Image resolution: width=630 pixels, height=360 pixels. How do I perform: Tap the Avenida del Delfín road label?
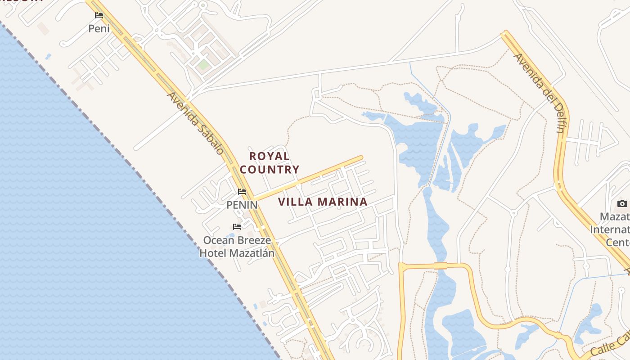point(540,93)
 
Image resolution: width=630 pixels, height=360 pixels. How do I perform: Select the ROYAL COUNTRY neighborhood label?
point(270,162)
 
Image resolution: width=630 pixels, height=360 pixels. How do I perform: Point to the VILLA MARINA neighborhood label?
point(323,202)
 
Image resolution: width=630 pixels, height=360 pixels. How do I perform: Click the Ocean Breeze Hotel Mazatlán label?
point(237,247)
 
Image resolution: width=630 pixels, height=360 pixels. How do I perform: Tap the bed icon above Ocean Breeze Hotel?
point(237,226)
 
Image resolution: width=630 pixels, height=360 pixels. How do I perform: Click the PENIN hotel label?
point(242,205)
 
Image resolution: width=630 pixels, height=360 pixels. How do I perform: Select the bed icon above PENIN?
point(242,192)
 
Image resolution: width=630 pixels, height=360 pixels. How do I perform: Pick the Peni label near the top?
point(99,28)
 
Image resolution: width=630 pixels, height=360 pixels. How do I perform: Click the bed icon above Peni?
point(99,15)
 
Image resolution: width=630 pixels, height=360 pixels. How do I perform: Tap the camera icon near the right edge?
point(622,203)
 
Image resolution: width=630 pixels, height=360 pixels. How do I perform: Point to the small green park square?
point(203,65)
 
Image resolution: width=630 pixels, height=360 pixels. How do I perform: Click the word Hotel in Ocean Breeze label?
point(213,253)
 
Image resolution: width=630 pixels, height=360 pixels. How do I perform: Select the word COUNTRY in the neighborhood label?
point(270,170)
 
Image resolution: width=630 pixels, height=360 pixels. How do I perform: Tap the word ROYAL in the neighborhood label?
point(270,156)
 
